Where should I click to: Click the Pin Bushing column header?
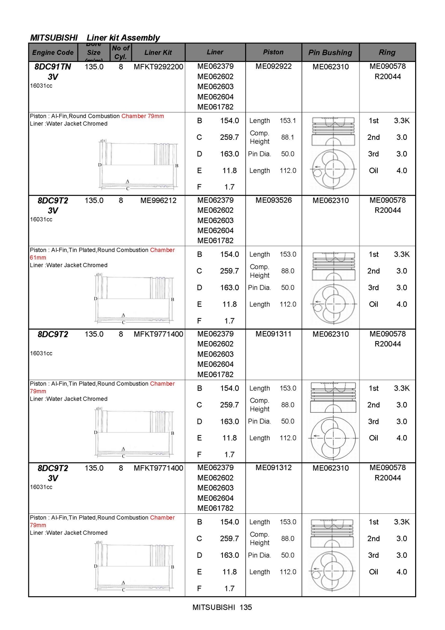point(330,53)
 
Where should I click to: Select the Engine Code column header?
point(53,53)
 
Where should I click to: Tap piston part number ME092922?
point(273,66)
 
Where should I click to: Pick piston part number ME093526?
point(273,200)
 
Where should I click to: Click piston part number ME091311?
point(273,334)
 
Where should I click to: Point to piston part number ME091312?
point(273,467)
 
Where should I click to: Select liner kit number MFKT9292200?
point(158,67)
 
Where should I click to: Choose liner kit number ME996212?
point(158,200)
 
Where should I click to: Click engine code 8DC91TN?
point(53,67)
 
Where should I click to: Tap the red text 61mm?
point(38,258)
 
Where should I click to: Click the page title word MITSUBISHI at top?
point(54,38)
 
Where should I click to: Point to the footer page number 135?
point(246,607)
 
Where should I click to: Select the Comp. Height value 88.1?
point(287,137)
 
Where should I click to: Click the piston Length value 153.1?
point(287,121)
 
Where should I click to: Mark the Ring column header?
point(387,53)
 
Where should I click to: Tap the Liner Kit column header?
point(158,53)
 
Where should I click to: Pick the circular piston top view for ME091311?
point(333,438)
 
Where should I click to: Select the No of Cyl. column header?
point(121,52)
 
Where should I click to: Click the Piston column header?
point(273,52)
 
